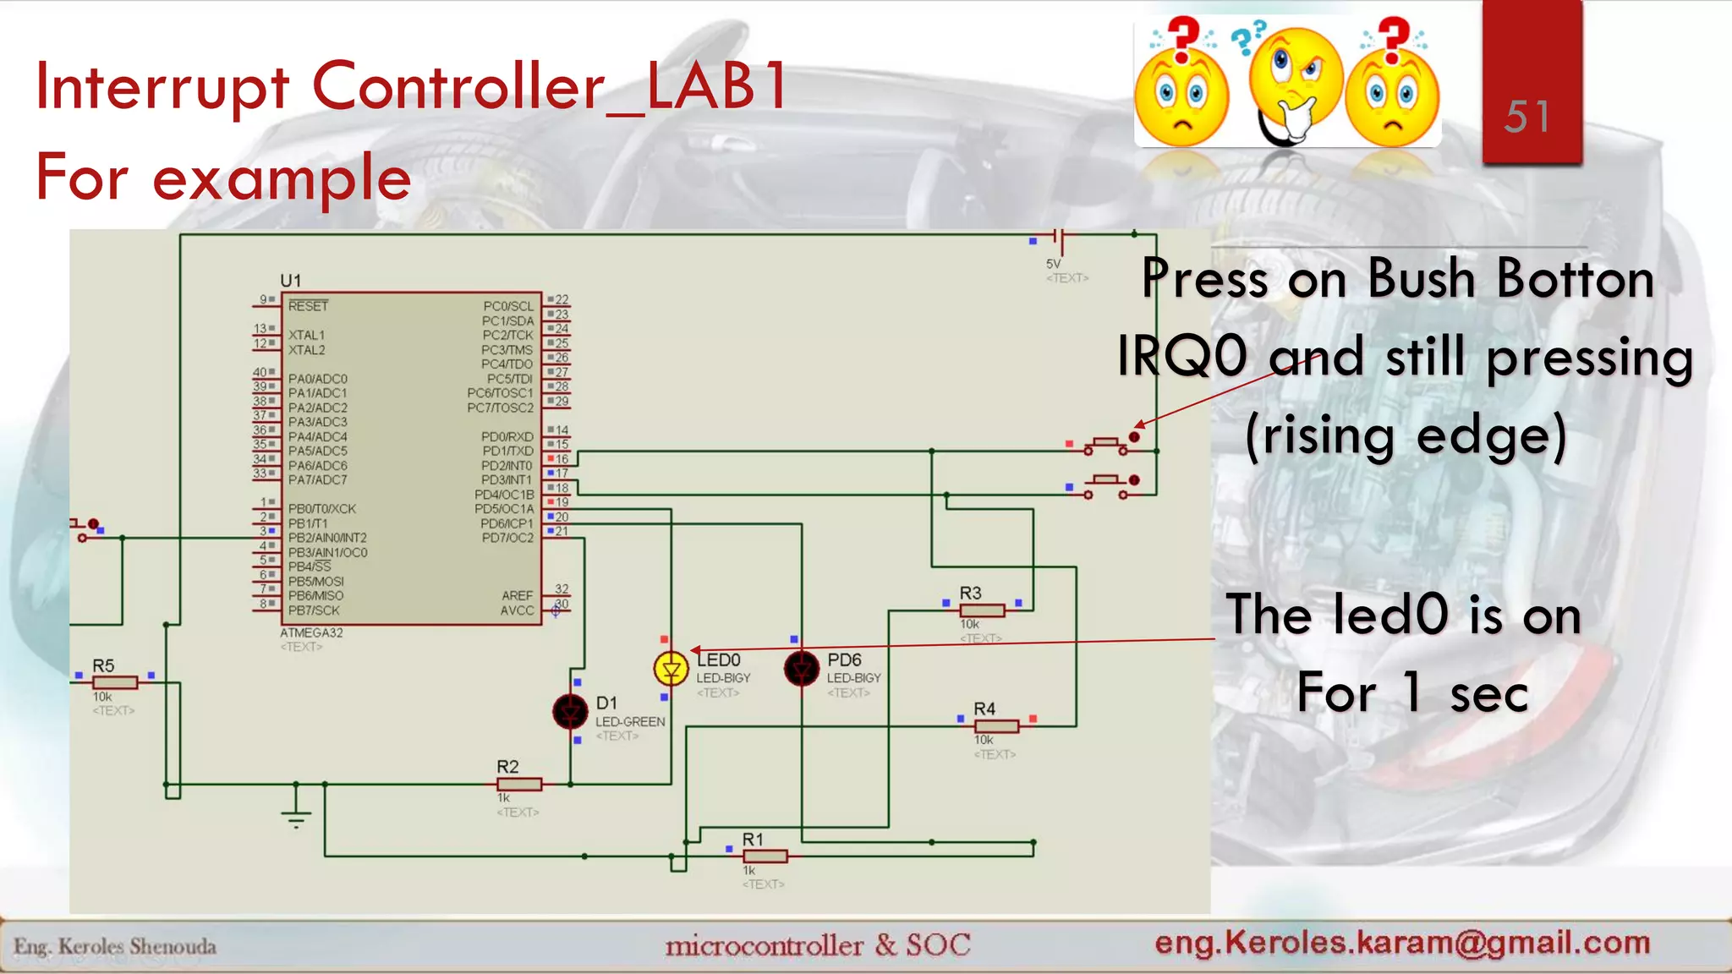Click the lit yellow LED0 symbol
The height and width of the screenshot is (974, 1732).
[671, 670]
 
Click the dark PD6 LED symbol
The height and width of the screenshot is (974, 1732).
[801, 670]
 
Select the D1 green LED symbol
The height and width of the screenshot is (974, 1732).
[571, 712]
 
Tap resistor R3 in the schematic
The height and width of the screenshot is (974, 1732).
[982, 610]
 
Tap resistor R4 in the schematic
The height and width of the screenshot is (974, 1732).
[996, 726]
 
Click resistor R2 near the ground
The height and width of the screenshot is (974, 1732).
[519, 785]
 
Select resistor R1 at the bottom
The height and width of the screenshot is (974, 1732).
[765, 856]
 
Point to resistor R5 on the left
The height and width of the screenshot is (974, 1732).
[115, 682]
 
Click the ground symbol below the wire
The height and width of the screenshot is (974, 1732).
[296, 815]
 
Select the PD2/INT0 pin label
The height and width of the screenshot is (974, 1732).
[507, 466]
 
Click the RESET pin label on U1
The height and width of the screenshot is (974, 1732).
[308, 306]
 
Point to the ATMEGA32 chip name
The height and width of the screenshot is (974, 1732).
[311, 632]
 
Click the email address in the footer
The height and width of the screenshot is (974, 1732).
[1402, 943]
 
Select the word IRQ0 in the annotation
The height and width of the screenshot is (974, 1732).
[1182, 356]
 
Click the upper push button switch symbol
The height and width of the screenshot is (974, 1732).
[1106, 444]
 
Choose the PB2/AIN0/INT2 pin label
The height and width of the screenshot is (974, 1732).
[327, 538]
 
